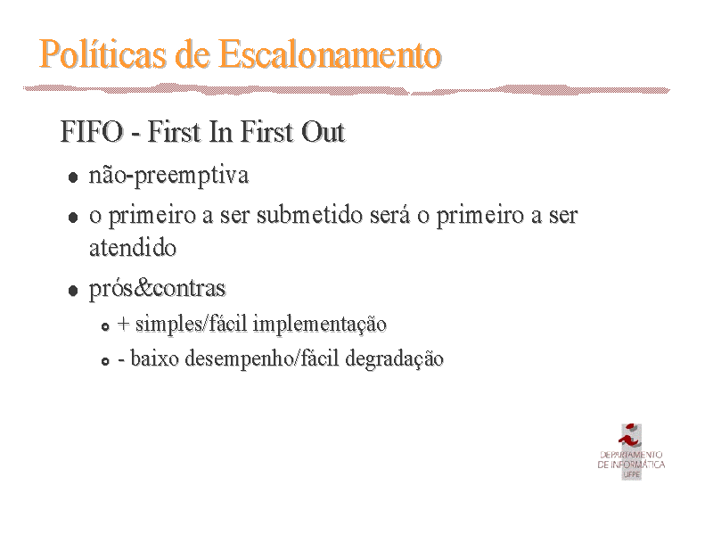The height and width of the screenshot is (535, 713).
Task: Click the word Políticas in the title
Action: pyautogui.click(x=102, y=54)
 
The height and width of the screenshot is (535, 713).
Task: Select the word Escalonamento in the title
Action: pyautogui.click(x=330, y=54)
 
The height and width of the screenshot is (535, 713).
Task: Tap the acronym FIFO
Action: pyautogui.click(x=92, y=132)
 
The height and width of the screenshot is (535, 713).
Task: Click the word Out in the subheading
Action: pyautogui.click(x=324, y=132)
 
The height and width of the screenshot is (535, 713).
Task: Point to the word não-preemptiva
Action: pyautogui.click(x=168, y=176)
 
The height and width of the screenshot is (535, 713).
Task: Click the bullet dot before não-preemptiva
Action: pyautogui.click(x=73, y=177)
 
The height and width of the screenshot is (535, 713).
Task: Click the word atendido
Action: pyautogui.click(x=133, y=249)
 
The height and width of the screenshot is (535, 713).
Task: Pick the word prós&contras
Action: pyautogui.click(x=158, y=288)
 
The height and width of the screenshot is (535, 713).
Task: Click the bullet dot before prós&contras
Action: pyautogui.click(x=73, y=291)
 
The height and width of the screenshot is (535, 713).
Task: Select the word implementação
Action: pyautogui.click(x=320, y=325)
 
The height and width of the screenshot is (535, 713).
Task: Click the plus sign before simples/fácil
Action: pyautogui.click(x=124, y=324)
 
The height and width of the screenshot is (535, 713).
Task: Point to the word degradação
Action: pyautogui.click(x=394, y=358)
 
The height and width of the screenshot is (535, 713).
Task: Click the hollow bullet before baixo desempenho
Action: pyautogui.click(x=105, y=361)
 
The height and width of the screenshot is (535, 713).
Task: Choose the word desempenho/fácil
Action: pyautogui.click(x=262, y=358)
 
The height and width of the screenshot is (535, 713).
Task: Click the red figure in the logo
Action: pyautogui.click(x=630, y=436)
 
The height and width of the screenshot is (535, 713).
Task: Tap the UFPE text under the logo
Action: pyautogui.click(x=632, y=474)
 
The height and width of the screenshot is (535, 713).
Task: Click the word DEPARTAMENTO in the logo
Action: pyautogui.click(x=631, y=455)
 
